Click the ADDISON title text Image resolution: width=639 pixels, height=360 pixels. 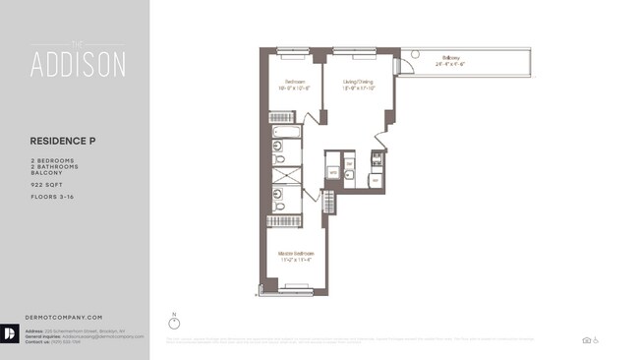tap(78, 64)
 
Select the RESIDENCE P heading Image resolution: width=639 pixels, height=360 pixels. tap(63, 141)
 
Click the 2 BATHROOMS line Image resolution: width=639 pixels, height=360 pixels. tap(53, 165)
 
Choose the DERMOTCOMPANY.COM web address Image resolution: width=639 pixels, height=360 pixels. tap(64, 317)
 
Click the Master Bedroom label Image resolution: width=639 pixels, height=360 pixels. tap(296, 255)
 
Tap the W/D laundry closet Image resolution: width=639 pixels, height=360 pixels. tap(334, 172)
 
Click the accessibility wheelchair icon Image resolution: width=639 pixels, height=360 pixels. tap(596, 340)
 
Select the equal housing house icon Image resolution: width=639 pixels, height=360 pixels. tap(586, 340)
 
